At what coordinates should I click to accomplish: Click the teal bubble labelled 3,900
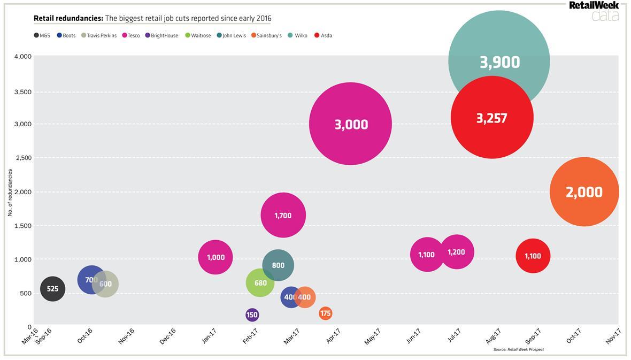[x=499, y=48]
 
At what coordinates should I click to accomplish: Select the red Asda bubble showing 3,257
[x=492, y=118]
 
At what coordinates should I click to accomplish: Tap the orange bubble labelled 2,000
[x=584, y=192]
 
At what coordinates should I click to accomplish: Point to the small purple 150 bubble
[x=252, y=315]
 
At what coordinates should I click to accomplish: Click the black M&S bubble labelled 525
[x=52, y=289]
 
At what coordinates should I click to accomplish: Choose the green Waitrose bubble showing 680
[x=260, y=283]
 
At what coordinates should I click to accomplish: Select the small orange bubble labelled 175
[x=325, y=313]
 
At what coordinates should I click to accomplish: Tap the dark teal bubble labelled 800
[x=278, y=265]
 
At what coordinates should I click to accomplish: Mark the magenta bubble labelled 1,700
[x=283, y=215]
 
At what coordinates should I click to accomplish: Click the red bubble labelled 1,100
[x=533, y=256]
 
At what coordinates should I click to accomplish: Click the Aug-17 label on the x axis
[x=493, y=336]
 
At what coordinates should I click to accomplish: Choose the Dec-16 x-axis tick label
[x=167, y=336]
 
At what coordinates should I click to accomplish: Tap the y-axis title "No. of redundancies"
[x=10, y=193]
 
